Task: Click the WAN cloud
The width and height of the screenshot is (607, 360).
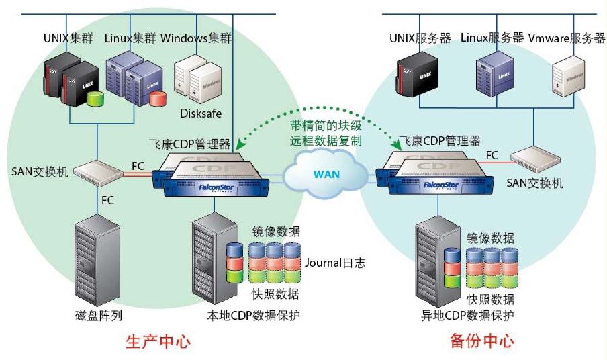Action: tap(326, 174)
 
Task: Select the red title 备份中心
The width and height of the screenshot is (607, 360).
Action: tap(481, 341)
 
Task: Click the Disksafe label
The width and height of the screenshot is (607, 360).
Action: tap(200, 114)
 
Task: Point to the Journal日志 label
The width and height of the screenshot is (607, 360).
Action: tap(335, 263)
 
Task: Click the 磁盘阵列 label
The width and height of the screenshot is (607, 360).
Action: tap(99, 315)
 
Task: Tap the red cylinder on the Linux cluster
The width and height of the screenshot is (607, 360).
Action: tap(158, 99)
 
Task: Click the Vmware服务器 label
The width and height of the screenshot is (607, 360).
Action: tap(567, 38)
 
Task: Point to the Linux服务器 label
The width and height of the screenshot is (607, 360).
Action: tap(492, 38)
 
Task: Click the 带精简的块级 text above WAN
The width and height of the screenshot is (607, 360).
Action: tap(326, 126)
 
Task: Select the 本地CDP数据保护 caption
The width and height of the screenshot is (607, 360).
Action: tap(253, 315)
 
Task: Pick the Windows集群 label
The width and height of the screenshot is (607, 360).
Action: tap(196, 38)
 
